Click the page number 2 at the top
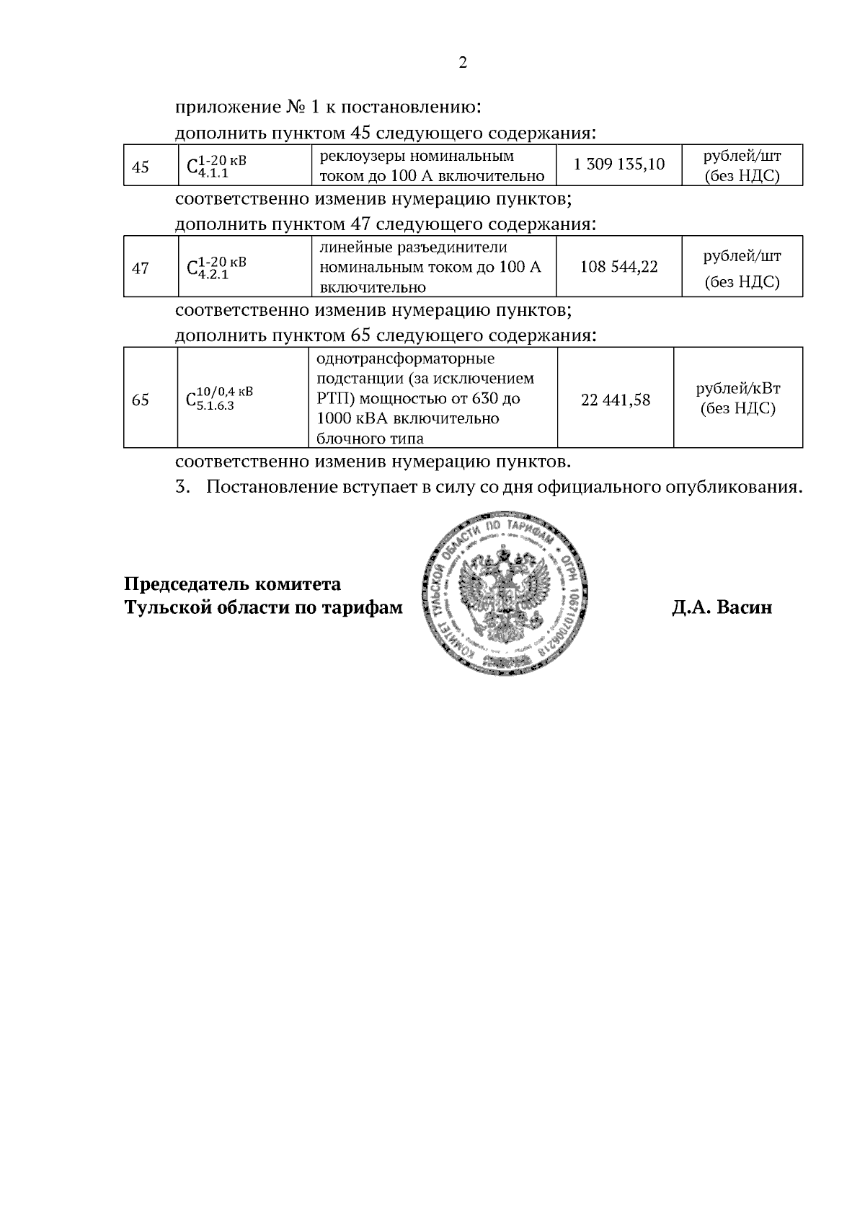click(463, 63)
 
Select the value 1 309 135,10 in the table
click(618, 164)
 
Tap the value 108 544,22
click(618, 267)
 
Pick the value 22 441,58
click(615, 399)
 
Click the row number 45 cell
click(141, 167)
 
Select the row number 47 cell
click(141, 268)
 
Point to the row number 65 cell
click(141, 399)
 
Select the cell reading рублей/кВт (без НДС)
click(737, 399)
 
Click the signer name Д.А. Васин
click(722, 607)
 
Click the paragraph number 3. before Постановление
click(182, 487)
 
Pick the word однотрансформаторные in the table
click(405, 359)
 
